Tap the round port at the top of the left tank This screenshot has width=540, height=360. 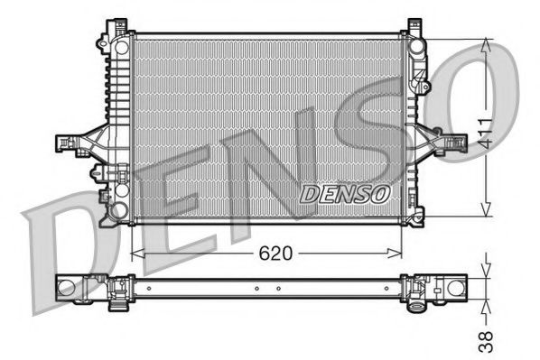coord(120,46)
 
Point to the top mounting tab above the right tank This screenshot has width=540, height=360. coord(414,25)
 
